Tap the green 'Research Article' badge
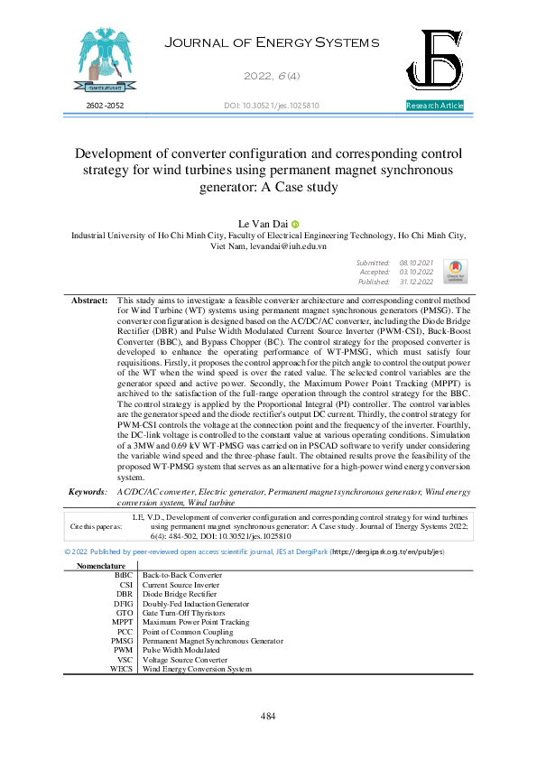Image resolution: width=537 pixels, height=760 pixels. pos(435,106)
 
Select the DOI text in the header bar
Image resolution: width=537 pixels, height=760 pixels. pos(271,106)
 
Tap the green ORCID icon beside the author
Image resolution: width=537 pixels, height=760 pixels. pos(295,223)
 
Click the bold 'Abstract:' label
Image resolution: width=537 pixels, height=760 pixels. pos(89,299)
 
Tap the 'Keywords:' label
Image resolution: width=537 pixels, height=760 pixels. pos(88,491)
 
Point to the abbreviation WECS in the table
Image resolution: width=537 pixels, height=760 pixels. pos(121,669)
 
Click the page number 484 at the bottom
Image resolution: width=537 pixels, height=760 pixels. pos(268,716)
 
